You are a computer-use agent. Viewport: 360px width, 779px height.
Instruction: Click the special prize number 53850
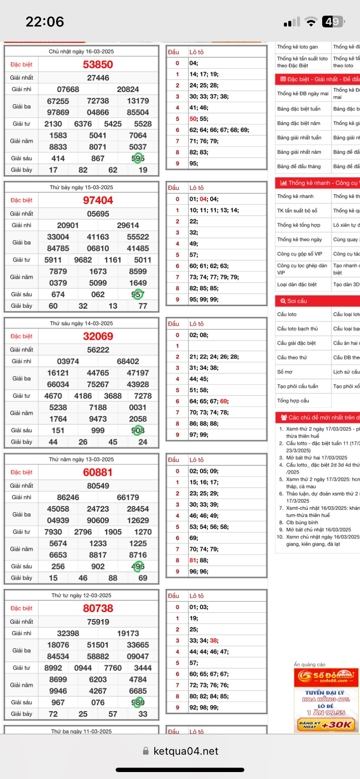click(x=98, y=65)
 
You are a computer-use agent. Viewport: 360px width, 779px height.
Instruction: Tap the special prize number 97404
click(x=98, y=200)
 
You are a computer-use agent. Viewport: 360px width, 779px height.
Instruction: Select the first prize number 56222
click(x=98, y=350)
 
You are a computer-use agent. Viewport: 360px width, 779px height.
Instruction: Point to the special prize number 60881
click(x=98, y=473)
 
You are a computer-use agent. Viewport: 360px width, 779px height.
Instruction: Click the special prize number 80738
click(x=98, y=609)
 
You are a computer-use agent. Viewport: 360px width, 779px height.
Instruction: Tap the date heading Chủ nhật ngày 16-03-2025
click(x=81, y=52)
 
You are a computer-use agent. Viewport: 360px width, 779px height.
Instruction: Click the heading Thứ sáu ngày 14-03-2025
click(x=81, y=323)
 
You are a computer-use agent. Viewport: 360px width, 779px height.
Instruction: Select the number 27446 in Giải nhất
click(x=98, y=78)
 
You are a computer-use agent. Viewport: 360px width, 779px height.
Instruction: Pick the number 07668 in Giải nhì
click(x=68, y=90)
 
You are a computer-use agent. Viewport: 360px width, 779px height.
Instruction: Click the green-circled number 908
click(x=138, y=430)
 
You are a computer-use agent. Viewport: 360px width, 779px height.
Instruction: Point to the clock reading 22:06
click(x=45, y=22)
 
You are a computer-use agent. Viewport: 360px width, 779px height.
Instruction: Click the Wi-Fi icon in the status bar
click(x=311, y=22)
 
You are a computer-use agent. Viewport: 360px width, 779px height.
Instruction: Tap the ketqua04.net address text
click(x=186, y=751)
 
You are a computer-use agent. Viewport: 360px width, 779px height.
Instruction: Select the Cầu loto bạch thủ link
click(x=297, y=329)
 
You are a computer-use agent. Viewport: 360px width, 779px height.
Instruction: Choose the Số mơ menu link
click(x=285, y=372)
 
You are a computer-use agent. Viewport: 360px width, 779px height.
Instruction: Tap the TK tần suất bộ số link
click(x=297, y=210)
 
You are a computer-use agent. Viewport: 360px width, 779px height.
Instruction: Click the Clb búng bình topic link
click(x=302, y=523)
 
